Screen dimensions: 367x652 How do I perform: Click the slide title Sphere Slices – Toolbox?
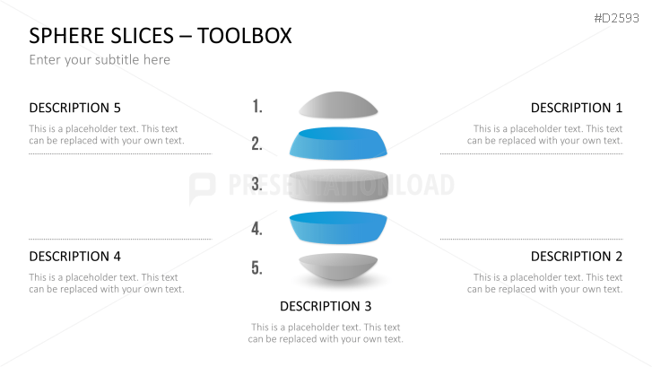click(x=161, y=36)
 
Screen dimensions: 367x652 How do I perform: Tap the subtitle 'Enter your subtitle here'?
click(x=100, y=60)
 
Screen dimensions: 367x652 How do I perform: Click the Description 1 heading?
click(x=576, y=108)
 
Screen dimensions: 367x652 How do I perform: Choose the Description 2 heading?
click(x=576, y=257)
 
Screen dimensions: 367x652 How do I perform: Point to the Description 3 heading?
click(x=326, y=306)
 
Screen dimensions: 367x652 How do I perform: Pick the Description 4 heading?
click(x=74, y=257)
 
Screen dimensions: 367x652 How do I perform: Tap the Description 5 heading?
click(x=74, y=108)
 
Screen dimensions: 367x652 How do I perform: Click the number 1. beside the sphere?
click(x=257, y=107)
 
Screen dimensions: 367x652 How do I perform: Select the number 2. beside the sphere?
click(x=256, y=144)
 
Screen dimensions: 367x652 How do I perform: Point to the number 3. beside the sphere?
click(x=256, y=185)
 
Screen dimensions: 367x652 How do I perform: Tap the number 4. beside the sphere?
click(x=256, y=229)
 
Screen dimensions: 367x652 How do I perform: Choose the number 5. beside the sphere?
click(x=256, y=267)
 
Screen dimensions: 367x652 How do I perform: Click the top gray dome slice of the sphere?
click(x=337, y=106)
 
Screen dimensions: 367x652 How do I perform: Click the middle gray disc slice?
click(x=338, y=186)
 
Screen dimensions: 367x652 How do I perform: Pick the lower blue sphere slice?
click(x=338, y=229)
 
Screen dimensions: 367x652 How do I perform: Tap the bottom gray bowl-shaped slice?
click(x=337, y=268)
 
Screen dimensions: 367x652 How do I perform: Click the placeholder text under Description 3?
click(x=326, y=333)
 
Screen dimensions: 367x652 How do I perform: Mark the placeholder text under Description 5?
click(x=106, y=135)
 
